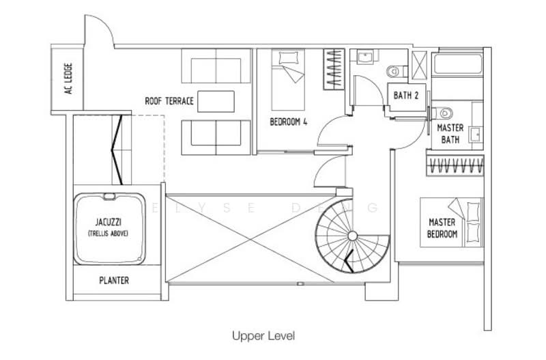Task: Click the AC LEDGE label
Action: coord(68,78)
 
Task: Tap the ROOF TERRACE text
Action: coord(169,101)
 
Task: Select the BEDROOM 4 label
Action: coord(288,122)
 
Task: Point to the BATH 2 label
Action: coord(405,95)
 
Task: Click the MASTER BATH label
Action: coord(450,133)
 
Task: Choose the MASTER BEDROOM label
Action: coord(442,228)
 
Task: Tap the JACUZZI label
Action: coord(109,222)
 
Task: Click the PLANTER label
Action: coord(114,280)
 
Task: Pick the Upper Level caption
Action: coord(263,336)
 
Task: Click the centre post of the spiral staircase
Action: coord(352,236)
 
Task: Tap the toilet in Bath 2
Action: coord(396,71)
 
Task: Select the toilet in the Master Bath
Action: coord(442,113)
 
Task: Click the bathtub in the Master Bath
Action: coord(457,64)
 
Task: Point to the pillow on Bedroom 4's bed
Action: coord(289,57)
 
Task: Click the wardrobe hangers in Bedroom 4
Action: coord(334,69)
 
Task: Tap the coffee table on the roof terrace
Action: coord(216,102)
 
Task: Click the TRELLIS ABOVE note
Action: coord(109,234)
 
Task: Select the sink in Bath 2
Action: coord(364,57)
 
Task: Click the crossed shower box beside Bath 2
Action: coord(419,66)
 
